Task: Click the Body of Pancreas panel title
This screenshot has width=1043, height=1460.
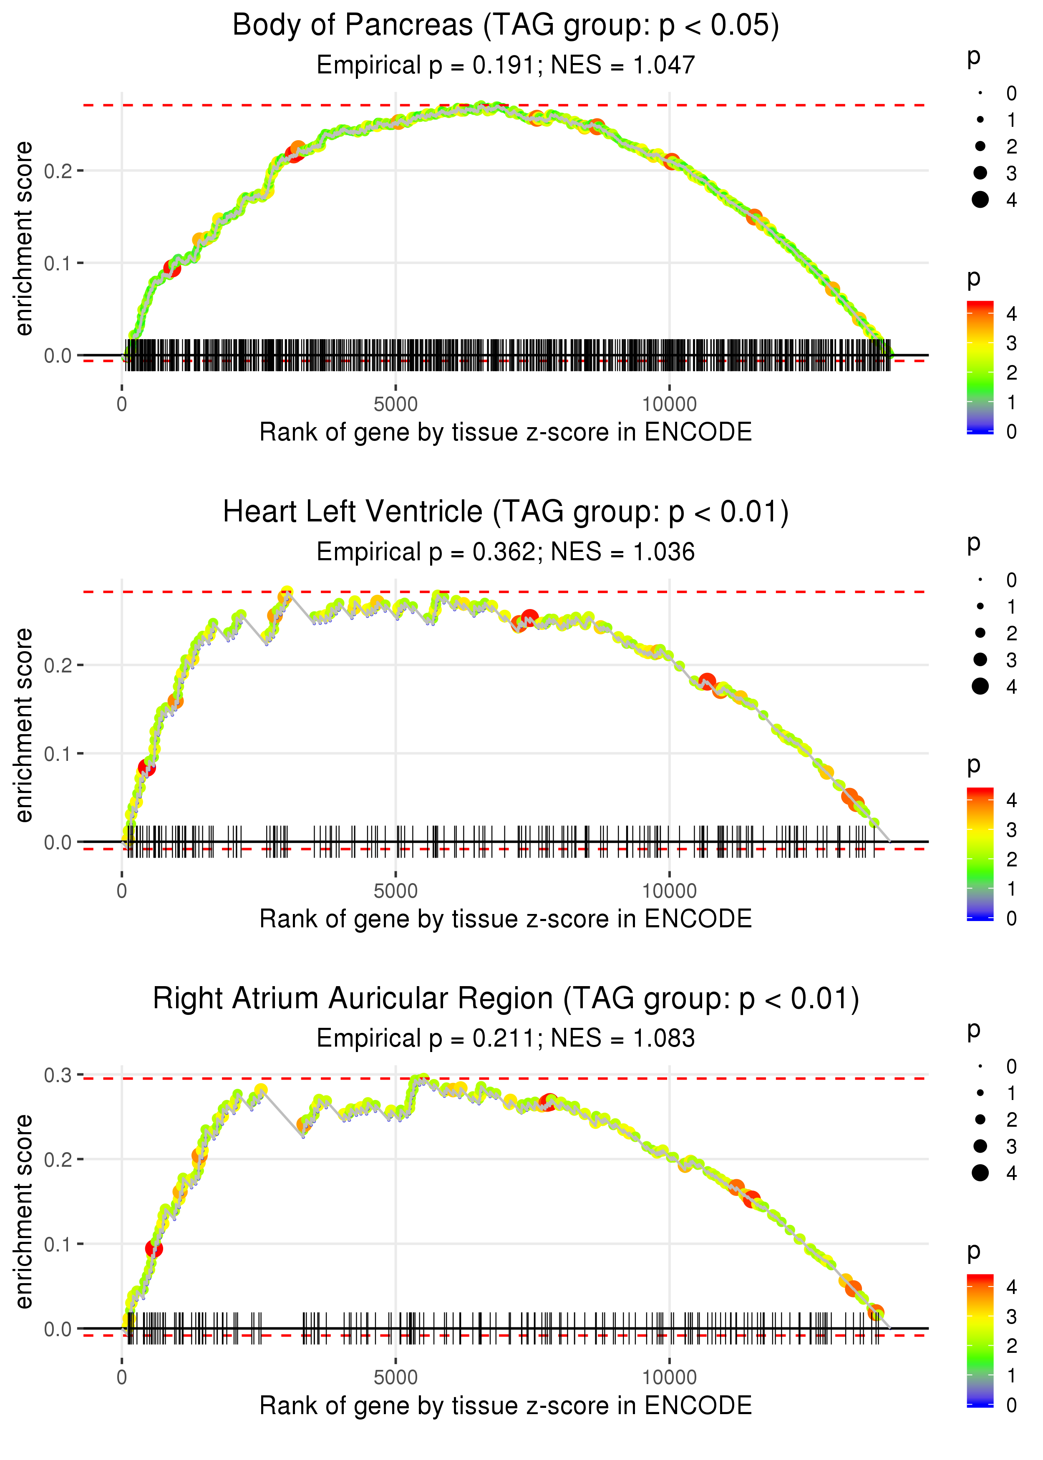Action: [506, 26]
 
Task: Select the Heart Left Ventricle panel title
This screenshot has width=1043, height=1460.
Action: [506, 512]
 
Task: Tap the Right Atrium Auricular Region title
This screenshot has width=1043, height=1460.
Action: [506, 999]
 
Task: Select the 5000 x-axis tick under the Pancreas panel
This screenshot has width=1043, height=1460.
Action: [395, 405]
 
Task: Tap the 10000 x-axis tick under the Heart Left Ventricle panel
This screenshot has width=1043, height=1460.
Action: [669, 891]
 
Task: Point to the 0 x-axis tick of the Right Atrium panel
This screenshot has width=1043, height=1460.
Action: [122, 1378]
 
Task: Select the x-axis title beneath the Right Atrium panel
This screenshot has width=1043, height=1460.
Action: [506, 1406]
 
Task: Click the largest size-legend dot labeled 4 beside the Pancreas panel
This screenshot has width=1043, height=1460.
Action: [980, 200]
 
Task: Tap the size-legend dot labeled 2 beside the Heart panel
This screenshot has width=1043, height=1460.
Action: [980, 633]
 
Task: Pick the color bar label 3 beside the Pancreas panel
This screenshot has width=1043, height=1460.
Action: [1012, 343]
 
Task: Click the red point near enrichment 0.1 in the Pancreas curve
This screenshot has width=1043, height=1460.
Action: [171, 268]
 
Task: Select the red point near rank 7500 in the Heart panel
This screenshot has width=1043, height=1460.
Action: [529, 618]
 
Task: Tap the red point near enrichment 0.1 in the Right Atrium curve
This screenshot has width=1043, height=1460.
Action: [154, 1249]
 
